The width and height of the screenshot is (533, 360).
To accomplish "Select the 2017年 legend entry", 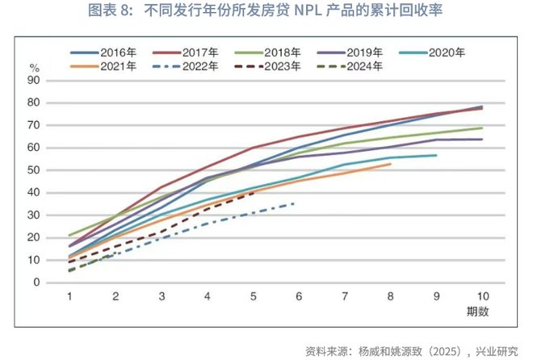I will [193, 52].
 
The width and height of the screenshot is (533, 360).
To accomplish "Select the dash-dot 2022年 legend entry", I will [193, 66].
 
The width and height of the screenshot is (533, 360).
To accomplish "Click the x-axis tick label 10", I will [483, 295].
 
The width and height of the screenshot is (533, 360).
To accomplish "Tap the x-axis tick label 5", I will [254, 295].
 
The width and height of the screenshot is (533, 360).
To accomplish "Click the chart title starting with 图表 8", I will [266, 11].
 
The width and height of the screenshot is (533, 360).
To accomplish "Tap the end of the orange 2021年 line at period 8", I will [391, 164].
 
